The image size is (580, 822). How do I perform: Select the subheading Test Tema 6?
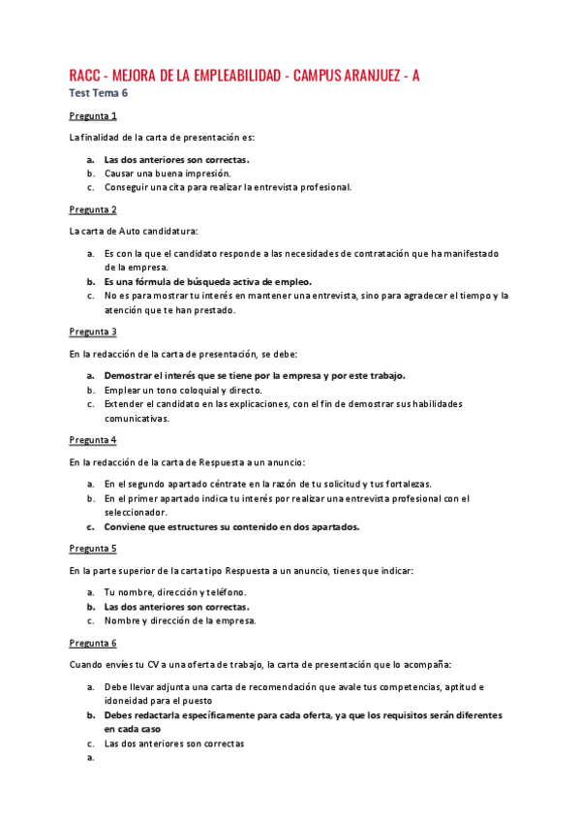point(98,93)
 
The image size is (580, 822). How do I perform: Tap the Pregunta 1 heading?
point(93,115)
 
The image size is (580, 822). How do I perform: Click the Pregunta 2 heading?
point(93,208)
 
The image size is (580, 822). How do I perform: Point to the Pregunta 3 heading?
point(93,331)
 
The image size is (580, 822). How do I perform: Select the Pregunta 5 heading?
point(93,548)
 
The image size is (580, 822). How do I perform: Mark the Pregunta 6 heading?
point(93,643)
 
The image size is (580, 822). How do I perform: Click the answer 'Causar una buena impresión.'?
point(168,173)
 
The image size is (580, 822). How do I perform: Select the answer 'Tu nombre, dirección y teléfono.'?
point(175,592)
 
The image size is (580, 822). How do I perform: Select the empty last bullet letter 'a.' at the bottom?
point(89,759)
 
